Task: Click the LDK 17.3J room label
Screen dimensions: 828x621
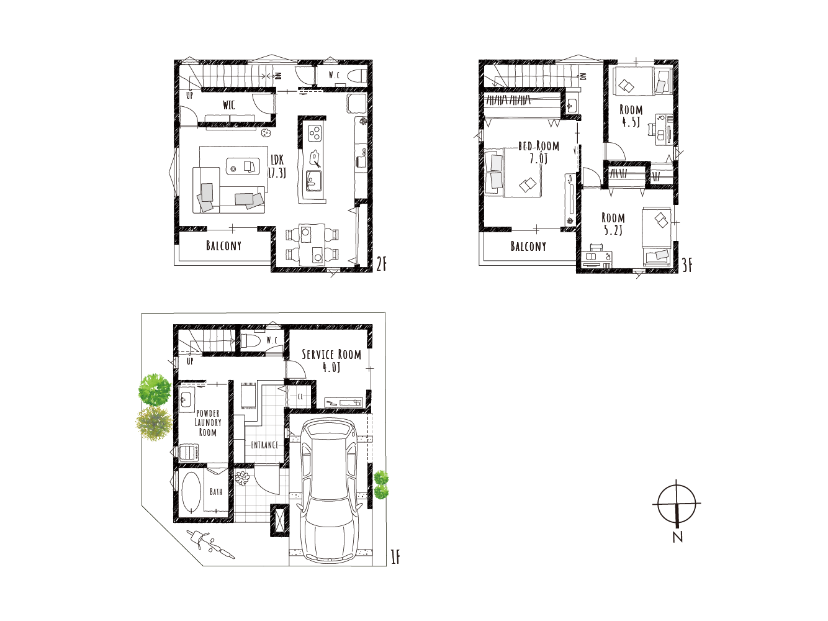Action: tap(277, 166)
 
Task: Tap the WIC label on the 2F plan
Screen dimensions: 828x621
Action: tap(228, 104)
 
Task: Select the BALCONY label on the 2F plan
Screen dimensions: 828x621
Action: tap(223, 246)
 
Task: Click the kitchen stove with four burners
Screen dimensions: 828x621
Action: tap(314, 133)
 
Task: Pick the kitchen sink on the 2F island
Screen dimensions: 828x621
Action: tap(313, 180)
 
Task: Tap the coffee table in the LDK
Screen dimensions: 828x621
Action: tap(243, 166)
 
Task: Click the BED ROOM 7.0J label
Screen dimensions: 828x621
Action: tap(539, 152)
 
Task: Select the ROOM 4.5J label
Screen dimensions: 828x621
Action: tap(631, 116)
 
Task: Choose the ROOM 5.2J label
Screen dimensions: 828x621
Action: tap(613, 224)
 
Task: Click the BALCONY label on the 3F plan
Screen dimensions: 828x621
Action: tap(528, 247)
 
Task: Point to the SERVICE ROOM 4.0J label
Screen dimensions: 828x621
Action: tap(331, 360)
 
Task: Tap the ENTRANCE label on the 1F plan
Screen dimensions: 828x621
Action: tap(264, 445)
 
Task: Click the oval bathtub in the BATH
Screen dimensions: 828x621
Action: tap(191, 492)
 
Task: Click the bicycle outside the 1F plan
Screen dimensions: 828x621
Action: tap(211, 543)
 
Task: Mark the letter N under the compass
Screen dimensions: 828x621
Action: tap(678, 537)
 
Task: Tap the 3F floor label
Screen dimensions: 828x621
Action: tap(687, 265)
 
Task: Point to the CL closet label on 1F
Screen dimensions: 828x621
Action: tap(300, 397)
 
